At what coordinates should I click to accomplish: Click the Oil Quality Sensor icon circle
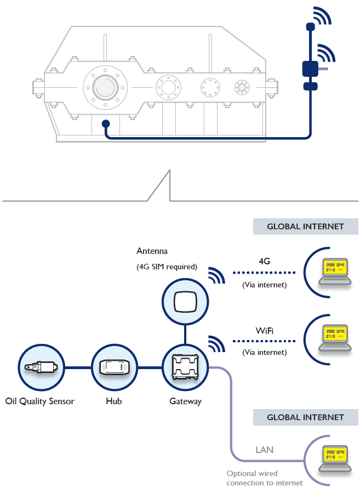click(x=40, y=367)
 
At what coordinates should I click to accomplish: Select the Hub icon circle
click(x=113, y=367)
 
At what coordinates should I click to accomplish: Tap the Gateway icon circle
click(x=185, y=367)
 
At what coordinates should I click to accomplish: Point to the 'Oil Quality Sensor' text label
click(x=39, y=401)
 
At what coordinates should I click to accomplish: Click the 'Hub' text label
click(x=113, y=401)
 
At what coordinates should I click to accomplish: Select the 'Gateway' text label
click(x=185, y=401)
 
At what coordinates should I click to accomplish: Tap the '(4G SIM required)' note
click(x=167, y=267)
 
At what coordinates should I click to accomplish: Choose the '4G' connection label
click(x=264, y=262)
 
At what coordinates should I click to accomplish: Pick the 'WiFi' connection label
click(x=264, y=331)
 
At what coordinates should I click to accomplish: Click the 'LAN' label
click(x=264, y=450)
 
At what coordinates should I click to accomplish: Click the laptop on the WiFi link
click(x=335, y=335)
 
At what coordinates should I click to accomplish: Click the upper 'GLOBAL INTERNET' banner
click(x=305, y=227)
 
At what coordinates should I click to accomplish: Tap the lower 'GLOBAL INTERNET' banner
click(x=305, y=417)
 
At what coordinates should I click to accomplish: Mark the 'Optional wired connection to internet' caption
click(x=264, y=478)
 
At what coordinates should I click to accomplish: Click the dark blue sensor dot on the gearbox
click(x=106, y=125)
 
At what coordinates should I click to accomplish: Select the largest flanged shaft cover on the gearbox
click(x=105, y=86)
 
